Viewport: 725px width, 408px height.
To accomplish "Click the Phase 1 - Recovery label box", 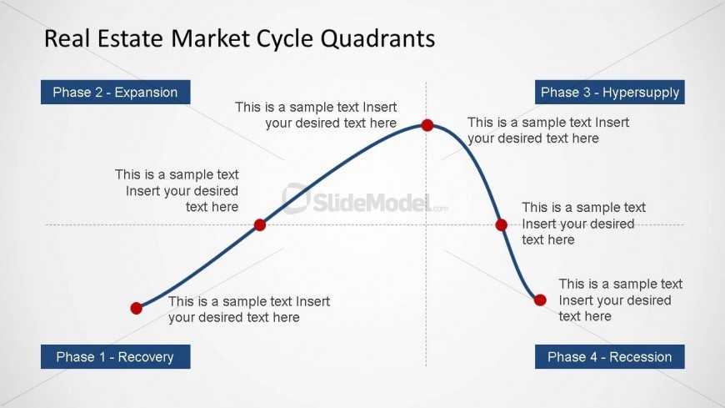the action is coord(116,356).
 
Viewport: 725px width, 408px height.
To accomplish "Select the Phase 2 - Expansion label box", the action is coord(116,92).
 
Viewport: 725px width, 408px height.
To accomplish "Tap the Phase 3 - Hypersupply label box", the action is coord(610,92).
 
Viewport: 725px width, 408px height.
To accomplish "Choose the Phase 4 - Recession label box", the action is coord(610,356).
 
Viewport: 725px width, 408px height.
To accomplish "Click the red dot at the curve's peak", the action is coord(427,125).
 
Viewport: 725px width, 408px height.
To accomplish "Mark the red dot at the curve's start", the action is coord(137,309).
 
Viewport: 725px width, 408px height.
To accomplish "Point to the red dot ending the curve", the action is coord(540,300).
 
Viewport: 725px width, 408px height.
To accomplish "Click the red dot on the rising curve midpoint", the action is coord(260,225).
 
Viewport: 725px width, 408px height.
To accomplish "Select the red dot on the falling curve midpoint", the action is coord(501,225).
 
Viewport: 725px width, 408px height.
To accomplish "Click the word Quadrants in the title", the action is coord(377,38).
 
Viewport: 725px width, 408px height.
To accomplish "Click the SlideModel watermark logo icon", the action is coord(297,199).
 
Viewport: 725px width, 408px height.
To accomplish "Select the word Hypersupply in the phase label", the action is coord(641,93).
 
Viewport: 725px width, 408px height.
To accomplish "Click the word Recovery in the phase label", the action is coord(146,357).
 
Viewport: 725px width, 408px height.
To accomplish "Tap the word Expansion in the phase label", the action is coord(146,93).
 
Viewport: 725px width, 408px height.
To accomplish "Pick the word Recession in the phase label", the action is coord(640,357).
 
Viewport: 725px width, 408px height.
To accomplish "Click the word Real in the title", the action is coord(67,38).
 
